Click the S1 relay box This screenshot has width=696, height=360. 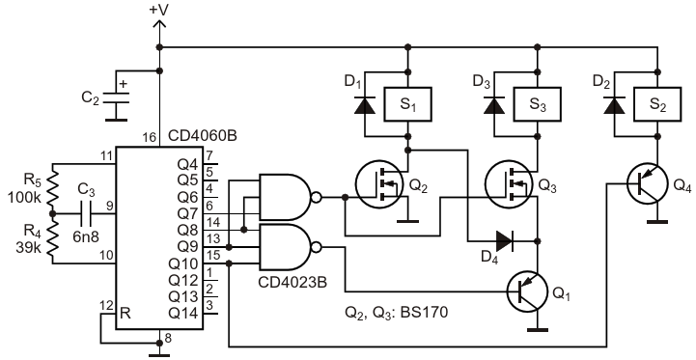(408, 104)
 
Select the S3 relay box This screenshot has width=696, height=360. (537, 104)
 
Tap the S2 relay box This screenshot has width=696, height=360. (657, 104)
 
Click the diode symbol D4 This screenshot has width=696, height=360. (505, 241)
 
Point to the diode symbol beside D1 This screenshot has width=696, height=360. (365, 105)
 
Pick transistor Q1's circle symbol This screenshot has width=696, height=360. (528, 292)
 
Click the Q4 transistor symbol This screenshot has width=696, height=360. (647, 183)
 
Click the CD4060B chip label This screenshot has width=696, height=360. (203, 136)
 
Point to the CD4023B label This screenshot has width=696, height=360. (292, 282)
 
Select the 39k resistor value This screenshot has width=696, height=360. (29, 247)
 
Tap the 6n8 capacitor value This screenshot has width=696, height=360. (86, 236)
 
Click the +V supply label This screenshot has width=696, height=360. (159, 10)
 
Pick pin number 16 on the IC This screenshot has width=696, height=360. (150, 138)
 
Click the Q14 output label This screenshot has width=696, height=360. (182, 313)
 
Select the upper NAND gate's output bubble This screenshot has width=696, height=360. (316, 197)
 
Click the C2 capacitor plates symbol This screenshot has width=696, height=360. (116, 97)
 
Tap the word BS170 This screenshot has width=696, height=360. (425, 312)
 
